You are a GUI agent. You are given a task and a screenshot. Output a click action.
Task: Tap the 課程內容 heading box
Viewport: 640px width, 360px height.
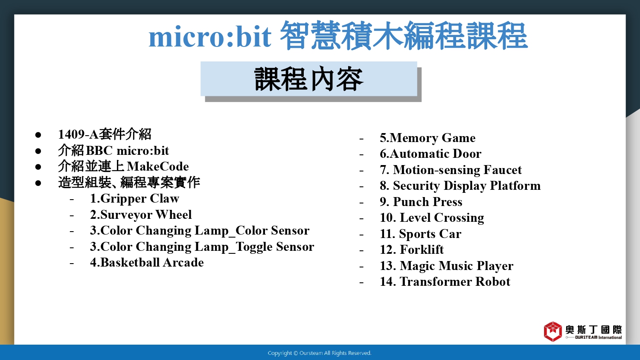point(309,79)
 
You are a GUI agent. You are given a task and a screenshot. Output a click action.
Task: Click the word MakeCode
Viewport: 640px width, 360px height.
point(158,167)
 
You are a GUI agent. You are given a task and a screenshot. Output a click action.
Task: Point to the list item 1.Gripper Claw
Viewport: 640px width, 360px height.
point(134,199)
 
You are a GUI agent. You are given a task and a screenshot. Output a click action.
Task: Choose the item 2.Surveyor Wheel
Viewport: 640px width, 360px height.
point(141,215)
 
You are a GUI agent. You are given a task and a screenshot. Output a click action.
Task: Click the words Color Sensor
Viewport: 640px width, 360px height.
point(272,231)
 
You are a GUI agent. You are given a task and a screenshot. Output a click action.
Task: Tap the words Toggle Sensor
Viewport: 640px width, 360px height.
point(275,247)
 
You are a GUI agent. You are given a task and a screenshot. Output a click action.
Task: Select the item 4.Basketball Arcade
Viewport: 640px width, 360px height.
point(147,263)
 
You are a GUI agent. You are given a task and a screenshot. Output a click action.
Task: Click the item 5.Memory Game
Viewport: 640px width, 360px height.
point(428,138)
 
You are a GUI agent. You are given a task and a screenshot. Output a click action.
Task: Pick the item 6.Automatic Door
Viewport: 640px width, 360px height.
point(431,154)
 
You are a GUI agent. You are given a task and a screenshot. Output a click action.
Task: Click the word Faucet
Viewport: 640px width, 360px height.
point(503,170)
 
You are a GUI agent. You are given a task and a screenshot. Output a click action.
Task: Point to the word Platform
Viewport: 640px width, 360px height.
point(515,186)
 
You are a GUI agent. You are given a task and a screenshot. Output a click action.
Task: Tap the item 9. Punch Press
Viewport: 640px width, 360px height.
point(421,202)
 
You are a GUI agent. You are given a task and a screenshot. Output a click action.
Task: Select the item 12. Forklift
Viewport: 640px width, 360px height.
point(412,250)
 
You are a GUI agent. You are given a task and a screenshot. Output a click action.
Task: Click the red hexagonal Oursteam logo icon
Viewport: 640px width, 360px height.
point(553,331)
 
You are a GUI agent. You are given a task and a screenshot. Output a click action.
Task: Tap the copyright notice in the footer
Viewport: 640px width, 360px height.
point(320,353)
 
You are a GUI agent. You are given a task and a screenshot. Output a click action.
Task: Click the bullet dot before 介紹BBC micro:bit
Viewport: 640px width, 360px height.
point(38,151)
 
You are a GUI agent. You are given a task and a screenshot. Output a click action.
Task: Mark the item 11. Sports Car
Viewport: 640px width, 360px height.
point(421,234)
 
